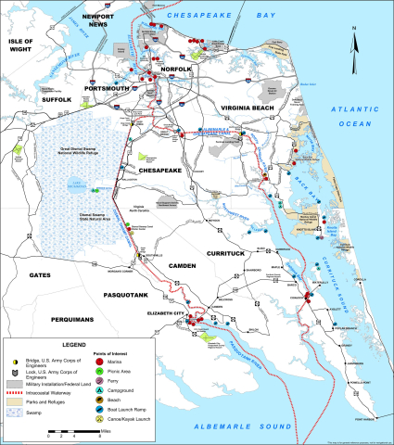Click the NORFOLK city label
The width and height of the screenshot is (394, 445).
point(176,67)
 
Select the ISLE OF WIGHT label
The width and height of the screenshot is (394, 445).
point(20,48)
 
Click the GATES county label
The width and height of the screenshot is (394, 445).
point(41,275)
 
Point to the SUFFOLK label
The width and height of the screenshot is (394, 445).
point(55,97)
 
